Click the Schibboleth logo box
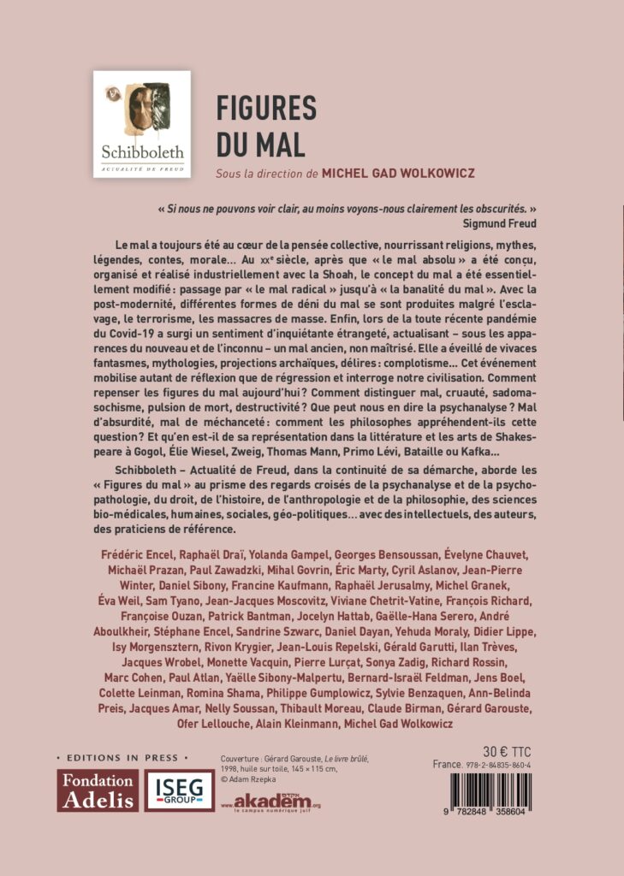click(x=141, y=124)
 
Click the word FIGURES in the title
click(x=266, y=109)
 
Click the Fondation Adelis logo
click(x=97, y=790)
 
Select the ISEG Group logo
click(x=179, y=790)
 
